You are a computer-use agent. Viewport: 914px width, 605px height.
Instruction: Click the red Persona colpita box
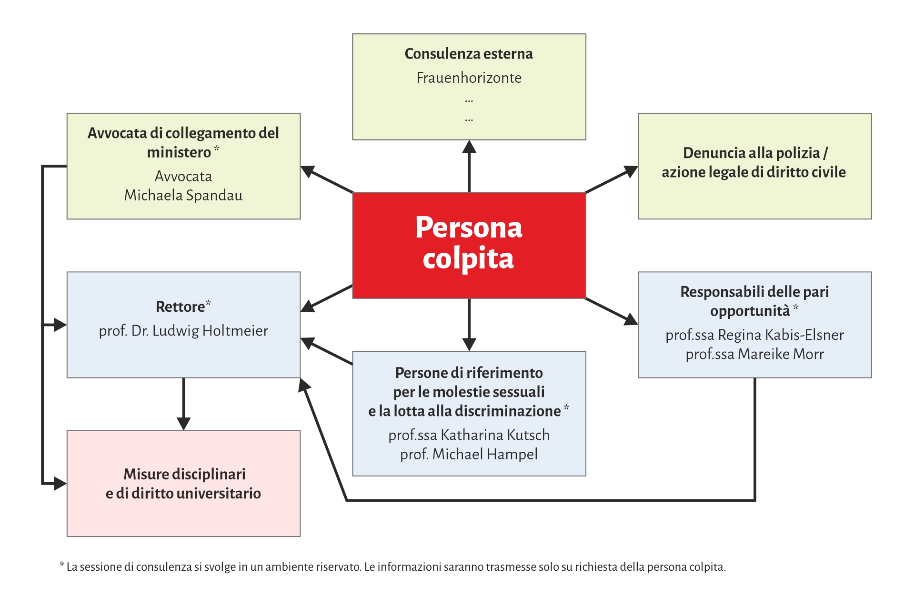click(x=469, y=245)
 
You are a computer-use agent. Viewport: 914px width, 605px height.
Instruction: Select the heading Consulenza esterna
click(x=469, y=54)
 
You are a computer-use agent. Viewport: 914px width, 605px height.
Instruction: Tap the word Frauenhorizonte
click(x=469, y=78)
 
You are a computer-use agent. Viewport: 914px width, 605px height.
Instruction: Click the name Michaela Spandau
click(x=183, y=195)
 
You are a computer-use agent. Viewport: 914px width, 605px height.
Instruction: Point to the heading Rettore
click(x=180, y=307)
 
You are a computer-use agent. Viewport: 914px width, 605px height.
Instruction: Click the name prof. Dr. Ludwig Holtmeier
click(x=183, y=330)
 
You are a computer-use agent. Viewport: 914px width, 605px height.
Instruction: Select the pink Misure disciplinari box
click(x=183, y=483)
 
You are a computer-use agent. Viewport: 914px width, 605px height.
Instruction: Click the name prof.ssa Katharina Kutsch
click(x=469, y=435)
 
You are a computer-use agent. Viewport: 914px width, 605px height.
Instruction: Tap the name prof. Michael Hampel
click(x=469, y=454)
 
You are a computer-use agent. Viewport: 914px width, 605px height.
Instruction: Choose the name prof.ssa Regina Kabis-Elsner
click(x=754, y=335)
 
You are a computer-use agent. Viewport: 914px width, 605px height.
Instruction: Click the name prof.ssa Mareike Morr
click(x=754, y=354)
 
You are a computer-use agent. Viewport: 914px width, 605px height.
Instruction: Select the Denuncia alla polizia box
click(x=754, y=166)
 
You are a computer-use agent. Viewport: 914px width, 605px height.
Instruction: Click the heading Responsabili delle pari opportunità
click(x=754, y=301)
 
